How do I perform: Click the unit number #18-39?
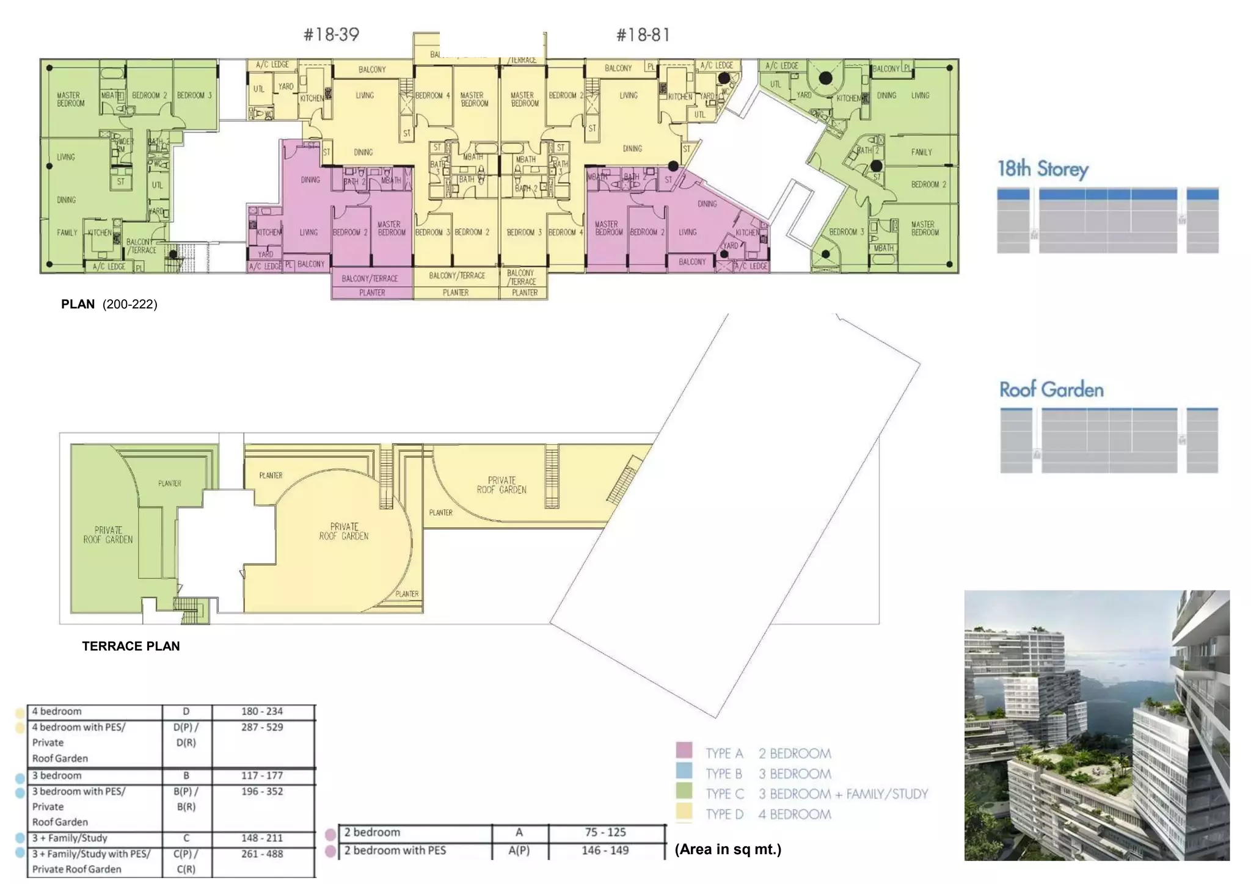pos(331,35)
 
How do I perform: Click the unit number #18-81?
pos(643,35)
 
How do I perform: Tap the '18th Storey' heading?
pos(1043,169)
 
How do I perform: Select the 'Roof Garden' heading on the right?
pos(1051,389)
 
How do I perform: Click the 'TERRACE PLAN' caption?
pos(131,646)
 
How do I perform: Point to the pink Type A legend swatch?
pos(684,750)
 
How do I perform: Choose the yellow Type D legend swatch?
pos(684,811)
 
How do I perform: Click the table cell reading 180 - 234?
pos(261,711)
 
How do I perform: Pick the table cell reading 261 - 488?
pos(261,853)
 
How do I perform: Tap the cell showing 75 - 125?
pos(605,832)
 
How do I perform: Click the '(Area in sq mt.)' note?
pos(728,849)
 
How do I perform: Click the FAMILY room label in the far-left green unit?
pos(67,233)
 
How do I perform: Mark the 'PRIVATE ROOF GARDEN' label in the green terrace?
pos(108,535)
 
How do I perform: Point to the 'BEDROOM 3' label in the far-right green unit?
pos(846,232)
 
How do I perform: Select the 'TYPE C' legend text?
pos(724,794)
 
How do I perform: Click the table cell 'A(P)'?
pos(519,850)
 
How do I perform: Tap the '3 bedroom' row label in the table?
pos(57,775)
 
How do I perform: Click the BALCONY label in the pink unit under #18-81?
pos(692,262)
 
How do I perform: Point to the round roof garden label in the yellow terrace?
pos(344,531)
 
